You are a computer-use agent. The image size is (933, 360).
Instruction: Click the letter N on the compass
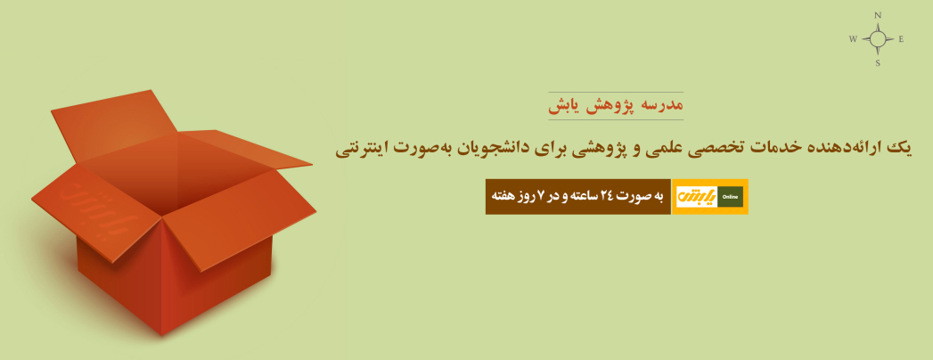877,15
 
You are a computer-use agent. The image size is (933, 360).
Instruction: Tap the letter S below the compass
878,63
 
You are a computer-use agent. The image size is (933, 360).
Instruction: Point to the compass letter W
853,39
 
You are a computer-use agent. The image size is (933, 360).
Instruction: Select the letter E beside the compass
901,39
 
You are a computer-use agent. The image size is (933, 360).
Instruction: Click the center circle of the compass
877,39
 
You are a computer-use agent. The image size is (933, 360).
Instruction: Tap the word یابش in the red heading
564,107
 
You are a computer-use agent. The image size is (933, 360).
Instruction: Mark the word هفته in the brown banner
503,196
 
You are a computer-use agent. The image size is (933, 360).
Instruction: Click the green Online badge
730,196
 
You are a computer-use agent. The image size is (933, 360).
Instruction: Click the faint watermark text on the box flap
96,209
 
